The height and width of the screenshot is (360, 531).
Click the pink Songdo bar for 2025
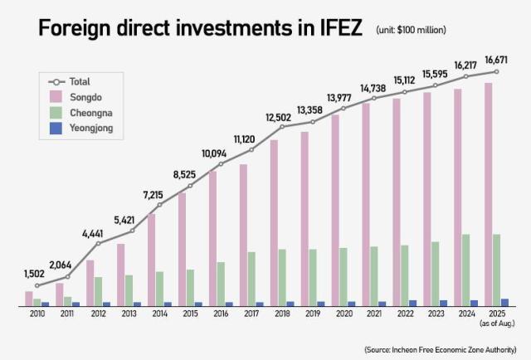coord(489,195)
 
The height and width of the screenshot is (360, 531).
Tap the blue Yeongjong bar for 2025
coord(505,302)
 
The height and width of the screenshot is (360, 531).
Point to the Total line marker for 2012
coord(98,243)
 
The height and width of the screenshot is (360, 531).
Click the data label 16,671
coord(497,60)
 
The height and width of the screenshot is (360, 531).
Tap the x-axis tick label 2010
coord(37,315)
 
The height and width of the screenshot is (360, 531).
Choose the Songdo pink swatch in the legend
coord(56,98)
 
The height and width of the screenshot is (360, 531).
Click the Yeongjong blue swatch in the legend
coord(56,129)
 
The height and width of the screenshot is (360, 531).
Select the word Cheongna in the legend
coord(93,114)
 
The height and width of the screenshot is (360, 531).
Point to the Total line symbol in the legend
coord(56,82)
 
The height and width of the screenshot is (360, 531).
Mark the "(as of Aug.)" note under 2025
coord(498,324)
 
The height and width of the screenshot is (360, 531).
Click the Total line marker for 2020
coord(343,108)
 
